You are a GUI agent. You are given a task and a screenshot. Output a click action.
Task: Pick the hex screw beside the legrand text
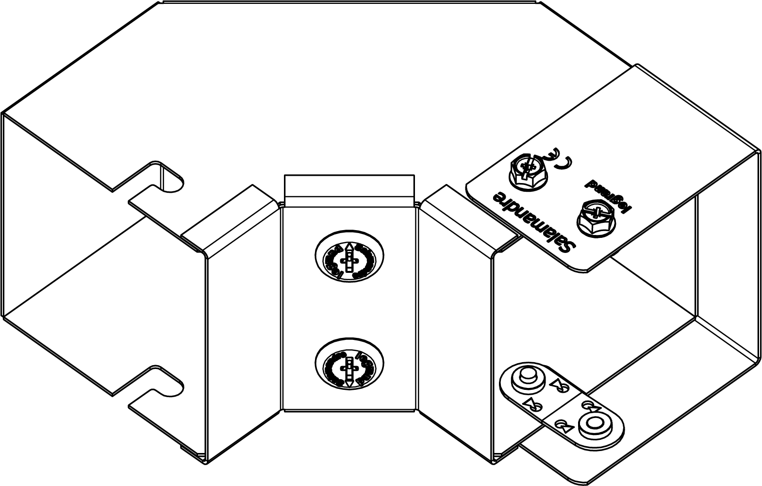(x=595, y=217)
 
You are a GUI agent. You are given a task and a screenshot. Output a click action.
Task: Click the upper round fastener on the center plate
(x=348, y=261)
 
